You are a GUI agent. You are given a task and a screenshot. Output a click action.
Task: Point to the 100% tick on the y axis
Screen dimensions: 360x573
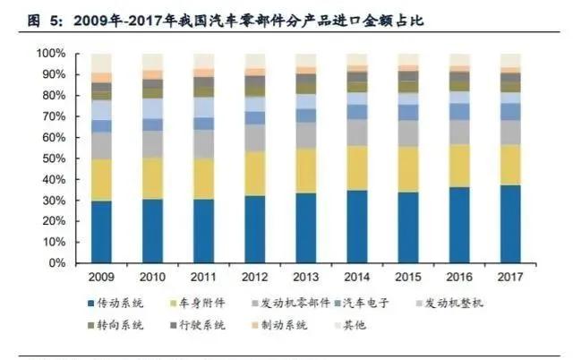50,54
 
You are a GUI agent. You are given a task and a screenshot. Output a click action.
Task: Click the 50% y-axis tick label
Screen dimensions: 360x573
53,159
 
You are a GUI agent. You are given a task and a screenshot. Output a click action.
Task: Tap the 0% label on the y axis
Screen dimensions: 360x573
56,263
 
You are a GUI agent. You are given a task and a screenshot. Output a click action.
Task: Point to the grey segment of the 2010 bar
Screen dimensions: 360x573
153,144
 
